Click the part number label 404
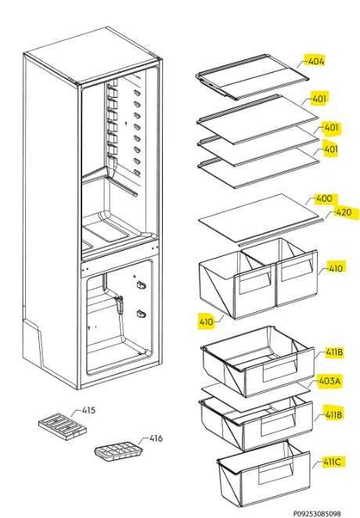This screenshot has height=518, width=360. (x=315, y=60)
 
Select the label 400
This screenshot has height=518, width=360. (x=322, y=200)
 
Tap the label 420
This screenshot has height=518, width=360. (x=343, y=212)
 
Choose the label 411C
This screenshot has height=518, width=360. (x=332, y=462)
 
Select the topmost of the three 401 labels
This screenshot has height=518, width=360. (x=319, y=99)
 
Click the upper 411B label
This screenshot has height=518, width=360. (x=333, y=353)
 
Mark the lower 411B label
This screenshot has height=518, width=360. (x=333, y=415)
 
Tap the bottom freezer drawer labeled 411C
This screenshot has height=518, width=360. (x=254, y=474)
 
